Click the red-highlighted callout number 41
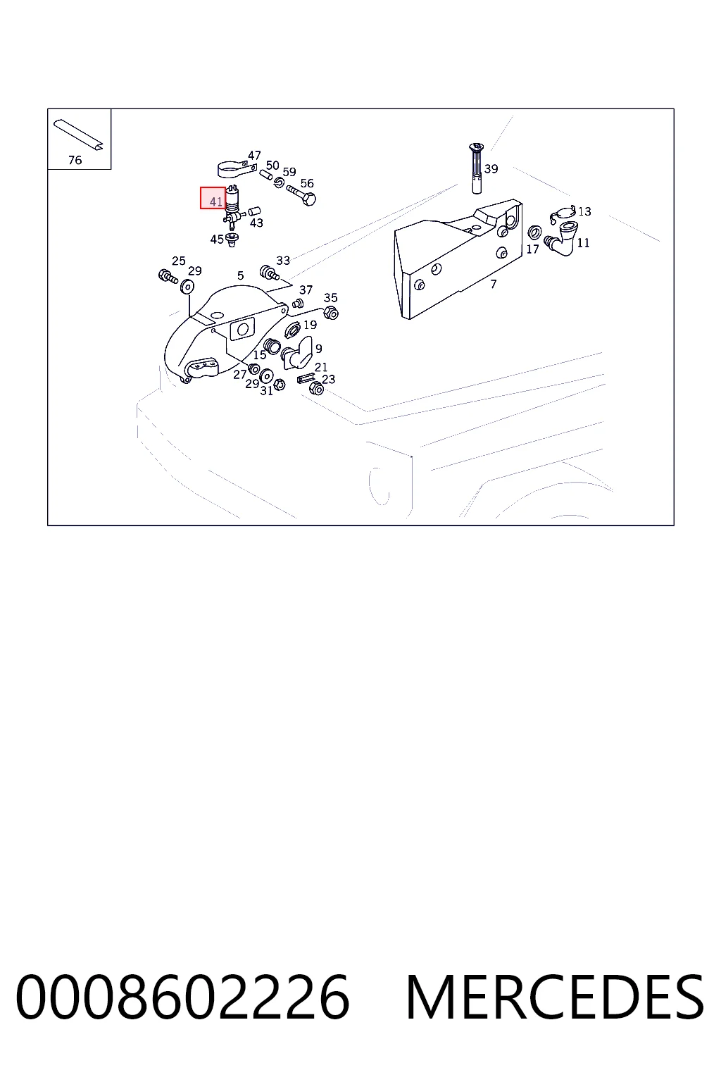pos(216,201)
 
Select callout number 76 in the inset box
pos(75,160)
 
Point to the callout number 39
pos(491,168)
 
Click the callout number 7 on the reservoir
pos(493,284)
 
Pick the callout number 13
pos(584,211)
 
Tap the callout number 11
pos(584,242)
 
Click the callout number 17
pos(533,249)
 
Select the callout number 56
pos(307,183)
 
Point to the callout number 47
pos(254,155)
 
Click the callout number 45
pos(217,239)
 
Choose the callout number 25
pos(179,261)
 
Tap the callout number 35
pos(331,297)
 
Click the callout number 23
pos(328,379)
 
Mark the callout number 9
pos(319,348)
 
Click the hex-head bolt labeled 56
pos(301,194)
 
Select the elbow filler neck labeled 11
pos(561,238)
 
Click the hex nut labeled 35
pos(331,313)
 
